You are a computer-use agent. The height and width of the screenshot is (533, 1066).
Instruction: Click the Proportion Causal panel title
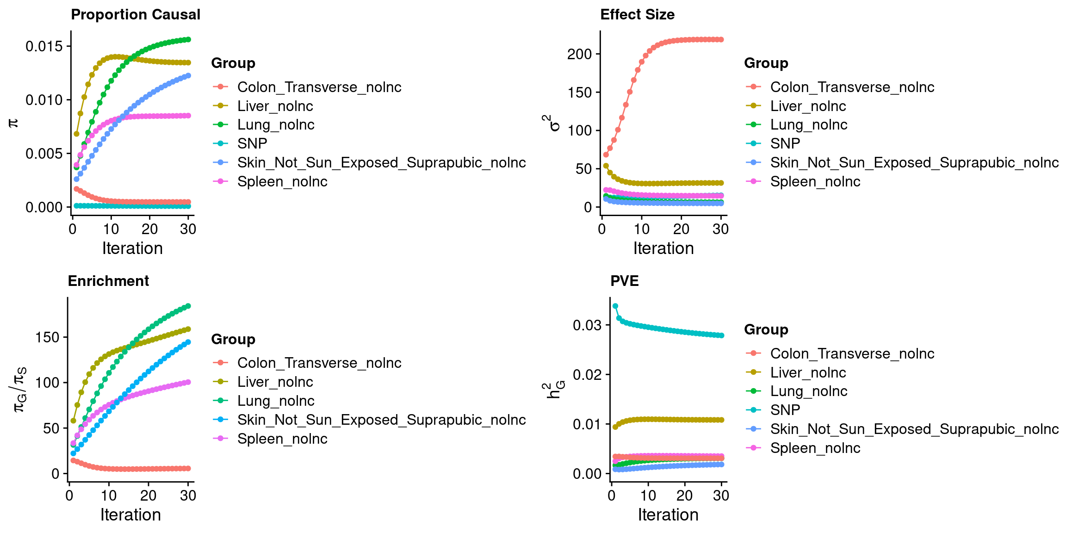pyautogui.click(x=136, y=15)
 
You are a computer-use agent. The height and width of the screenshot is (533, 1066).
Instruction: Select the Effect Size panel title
pyautogui.click(x=637, y=15)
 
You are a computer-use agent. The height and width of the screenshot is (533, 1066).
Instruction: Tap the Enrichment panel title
pyautogui.click(x=108, y=281)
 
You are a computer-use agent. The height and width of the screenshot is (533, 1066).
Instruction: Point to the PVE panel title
pyautogui.click(x=624, y=281)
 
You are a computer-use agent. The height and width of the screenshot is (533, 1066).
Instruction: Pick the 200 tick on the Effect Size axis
pyautogui.click(x=579, y=54)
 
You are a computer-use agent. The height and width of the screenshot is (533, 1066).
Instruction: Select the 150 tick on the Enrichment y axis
pyautogui.click(x=47, y=337)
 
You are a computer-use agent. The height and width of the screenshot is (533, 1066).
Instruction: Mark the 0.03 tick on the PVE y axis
pyautogui.click(x=587, y=325)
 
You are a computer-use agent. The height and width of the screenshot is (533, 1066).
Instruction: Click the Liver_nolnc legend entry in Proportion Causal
pyautogui.click(x=275, y=106)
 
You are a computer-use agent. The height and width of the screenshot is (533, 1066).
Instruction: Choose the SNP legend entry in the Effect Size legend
pyautogui.click(x=785, y=144)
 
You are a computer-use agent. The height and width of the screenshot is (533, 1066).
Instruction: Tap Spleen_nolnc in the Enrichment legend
pyautogui.click(x=282, y=439)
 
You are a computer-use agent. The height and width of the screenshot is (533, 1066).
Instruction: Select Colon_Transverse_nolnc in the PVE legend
pyautogui.click(x=852, y=354)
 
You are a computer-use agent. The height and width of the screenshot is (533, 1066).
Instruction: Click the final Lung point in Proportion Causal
pyautogui.click(x=188, y=40)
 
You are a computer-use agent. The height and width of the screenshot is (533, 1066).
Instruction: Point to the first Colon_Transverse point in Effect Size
pyautogui.click(x=606, y=155)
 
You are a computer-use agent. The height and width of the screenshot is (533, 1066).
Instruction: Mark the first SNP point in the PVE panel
pyautogui.click(x=615, y=306)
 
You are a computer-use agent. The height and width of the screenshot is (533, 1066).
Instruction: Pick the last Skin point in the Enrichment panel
pyautogui.click(x=188, y=342)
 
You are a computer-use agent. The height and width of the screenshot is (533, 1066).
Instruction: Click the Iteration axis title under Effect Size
pyautogui.click(x=663, y=248)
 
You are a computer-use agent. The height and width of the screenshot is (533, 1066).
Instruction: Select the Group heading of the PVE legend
pyautogui.click(x=766, y=330)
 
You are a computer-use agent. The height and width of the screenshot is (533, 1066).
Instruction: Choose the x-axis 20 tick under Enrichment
pyautogui.click(x=148, y=496)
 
